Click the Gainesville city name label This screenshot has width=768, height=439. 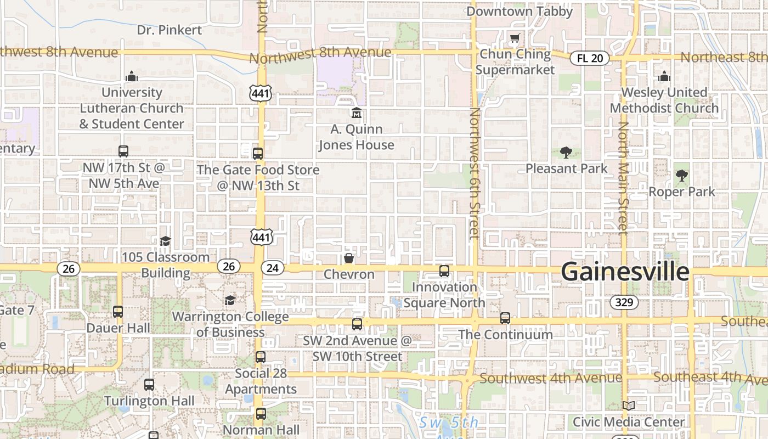625,272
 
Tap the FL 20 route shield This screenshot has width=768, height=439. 590,58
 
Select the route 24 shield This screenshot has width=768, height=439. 272,268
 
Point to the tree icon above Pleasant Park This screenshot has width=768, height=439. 566,153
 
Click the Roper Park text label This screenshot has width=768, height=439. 682,192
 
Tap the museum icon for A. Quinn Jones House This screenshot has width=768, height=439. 357,113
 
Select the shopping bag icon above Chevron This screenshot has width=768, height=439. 348,258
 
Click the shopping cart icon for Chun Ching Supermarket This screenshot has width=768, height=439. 515,38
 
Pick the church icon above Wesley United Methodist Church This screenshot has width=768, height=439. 664,76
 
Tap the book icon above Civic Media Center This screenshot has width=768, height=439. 629,406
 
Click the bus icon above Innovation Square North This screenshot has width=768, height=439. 444,271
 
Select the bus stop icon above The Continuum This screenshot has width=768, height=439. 505,318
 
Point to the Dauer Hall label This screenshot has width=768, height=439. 118,328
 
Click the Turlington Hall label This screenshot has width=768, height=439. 149,401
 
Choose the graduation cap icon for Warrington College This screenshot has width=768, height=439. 230,300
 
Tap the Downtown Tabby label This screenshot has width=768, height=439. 519,11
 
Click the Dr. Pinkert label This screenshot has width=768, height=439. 170,30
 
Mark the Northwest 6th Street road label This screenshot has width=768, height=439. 474,173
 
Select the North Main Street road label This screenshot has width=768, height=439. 623,178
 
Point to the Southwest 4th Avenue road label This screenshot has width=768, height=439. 551,378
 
